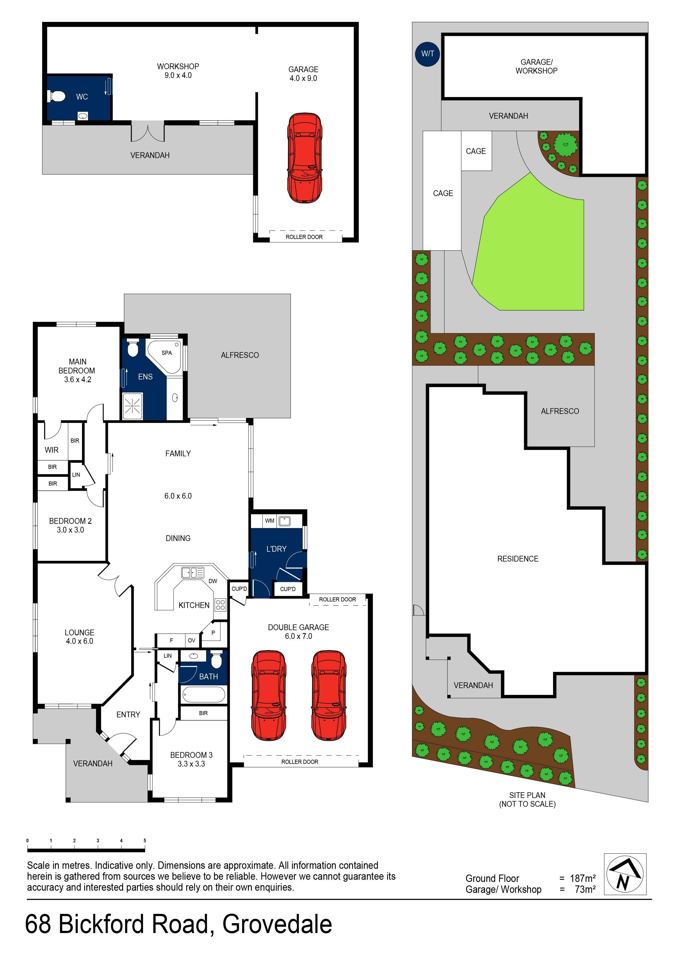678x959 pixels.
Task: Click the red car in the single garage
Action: pos(305,158)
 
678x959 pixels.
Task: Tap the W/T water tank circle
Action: pos(427,54)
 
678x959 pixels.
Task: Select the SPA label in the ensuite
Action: pos(167,353)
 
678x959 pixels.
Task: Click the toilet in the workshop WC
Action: pos(57,97)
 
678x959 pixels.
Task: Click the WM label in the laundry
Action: pos(270,521)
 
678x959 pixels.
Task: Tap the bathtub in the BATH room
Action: pos(203,695)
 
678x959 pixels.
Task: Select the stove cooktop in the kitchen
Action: pos(221,605)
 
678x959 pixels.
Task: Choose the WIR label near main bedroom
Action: pos(52,450)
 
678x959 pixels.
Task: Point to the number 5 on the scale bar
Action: pos(145,840)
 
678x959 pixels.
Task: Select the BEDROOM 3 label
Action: pos(191,755)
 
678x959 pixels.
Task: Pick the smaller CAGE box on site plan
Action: pos(476,151)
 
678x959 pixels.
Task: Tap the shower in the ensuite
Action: pos(132,406)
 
